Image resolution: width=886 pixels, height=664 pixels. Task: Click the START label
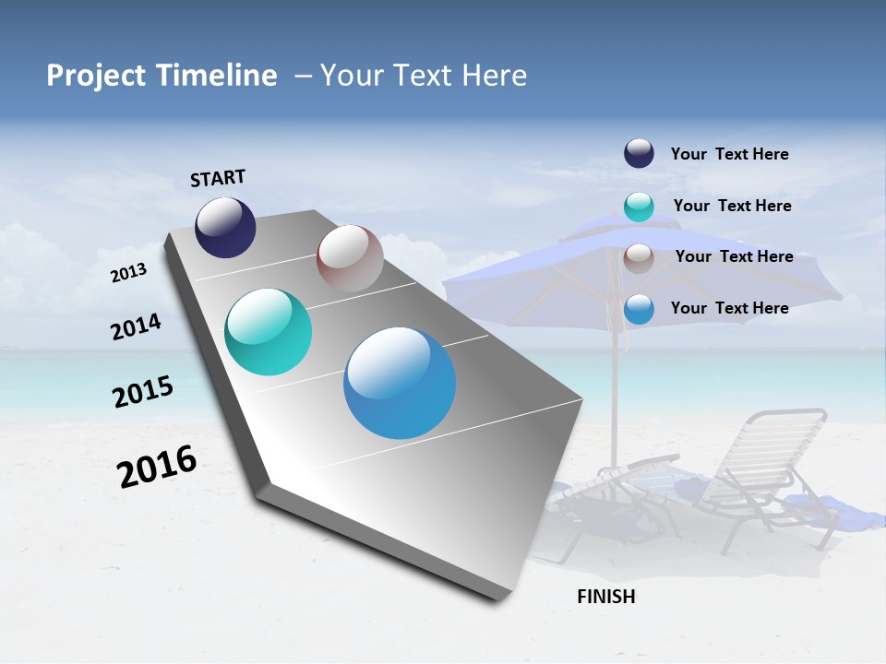(218, 178)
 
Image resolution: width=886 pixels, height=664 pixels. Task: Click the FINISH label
(606, 597)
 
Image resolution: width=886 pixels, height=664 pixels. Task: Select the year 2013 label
(129, 272)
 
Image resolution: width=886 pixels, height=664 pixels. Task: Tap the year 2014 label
(137, 326)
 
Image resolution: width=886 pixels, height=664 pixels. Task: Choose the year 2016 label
(157, 466)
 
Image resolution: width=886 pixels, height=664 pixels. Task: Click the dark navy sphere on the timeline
(225, 228)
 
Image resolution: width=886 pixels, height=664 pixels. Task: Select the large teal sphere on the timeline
(269, 332)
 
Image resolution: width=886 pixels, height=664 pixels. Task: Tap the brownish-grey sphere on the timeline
(350, 258)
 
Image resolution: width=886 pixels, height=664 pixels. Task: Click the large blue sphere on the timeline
(400, 383)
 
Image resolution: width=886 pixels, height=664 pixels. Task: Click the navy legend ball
(639, 154)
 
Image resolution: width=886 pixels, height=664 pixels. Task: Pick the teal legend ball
(639, 207)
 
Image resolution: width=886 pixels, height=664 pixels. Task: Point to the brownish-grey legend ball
(639, 257)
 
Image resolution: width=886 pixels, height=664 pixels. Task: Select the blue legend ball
(639, 309)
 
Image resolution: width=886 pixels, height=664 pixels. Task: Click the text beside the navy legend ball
(729, 154)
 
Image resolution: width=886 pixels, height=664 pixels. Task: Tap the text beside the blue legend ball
(729, 308)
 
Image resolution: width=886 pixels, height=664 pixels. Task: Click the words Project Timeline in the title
(162, 76)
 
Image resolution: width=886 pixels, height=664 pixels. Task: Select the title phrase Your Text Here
(424, 76)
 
